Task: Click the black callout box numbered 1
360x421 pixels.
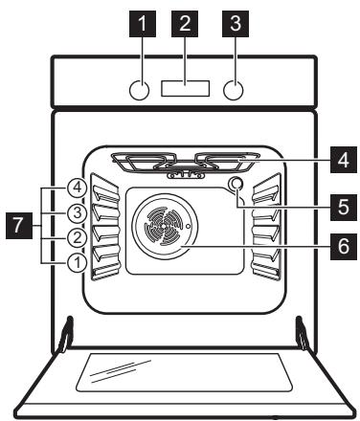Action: [143, 24]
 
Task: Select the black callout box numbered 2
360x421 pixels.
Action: [185, 24]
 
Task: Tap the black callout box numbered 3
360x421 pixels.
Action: [236, 24]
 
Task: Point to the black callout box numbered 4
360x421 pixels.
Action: [344, 160]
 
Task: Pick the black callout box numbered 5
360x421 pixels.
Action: [344, 208]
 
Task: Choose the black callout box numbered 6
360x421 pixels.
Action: [344, 247]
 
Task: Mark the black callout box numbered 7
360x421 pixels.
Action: [19, 226]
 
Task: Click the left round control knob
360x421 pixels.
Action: [139, 90]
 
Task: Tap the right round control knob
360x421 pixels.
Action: [234, 90]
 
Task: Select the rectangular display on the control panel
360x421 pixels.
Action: [186, 88]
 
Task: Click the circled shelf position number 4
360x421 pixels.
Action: [77, 188]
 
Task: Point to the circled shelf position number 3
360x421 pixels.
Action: [77, 212]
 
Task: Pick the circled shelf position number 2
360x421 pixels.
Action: [77, 238]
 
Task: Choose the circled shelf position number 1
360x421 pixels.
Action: [77, 263]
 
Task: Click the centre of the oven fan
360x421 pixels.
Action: [164, 226]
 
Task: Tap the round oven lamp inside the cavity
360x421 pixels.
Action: [236, 184]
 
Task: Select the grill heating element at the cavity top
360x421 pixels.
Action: [185, 163]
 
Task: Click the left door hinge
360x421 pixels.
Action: [66, 334]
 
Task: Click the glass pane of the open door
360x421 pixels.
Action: [185, 372]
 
